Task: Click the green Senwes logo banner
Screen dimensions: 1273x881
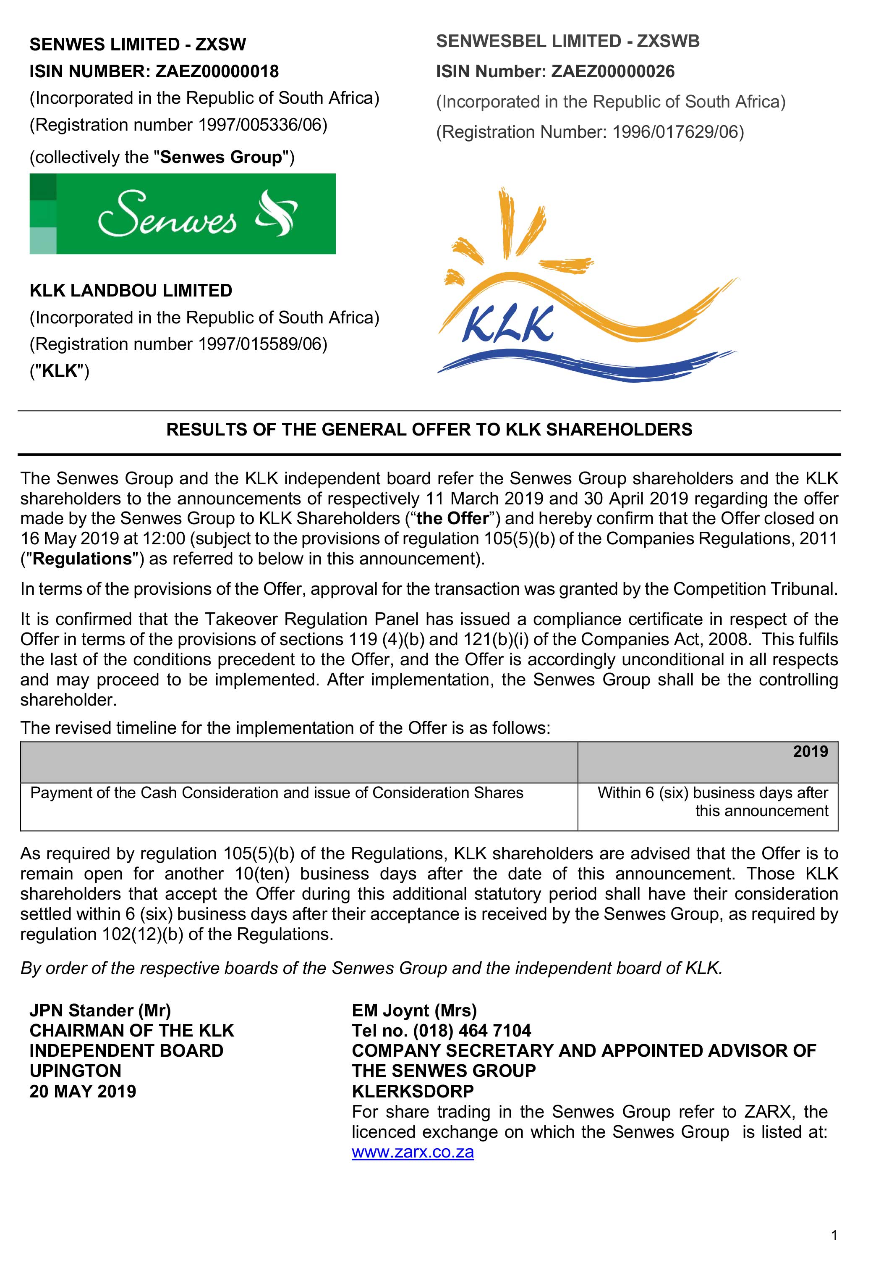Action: [182, 214]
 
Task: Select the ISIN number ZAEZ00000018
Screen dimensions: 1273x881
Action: [217, 71]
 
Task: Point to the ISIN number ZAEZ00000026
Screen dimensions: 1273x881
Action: [613, 71]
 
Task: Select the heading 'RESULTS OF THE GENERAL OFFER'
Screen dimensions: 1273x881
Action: [429, 430]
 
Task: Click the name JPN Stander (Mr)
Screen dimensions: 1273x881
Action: [100, 1010]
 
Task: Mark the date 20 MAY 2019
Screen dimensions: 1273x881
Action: [83, 1091]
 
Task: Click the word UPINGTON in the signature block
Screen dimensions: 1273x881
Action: [76, 1071]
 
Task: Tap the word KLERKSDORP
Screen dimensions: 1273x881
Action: [413, 1091]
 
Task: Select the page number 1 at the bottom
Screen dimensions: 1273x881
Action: [834, 1236]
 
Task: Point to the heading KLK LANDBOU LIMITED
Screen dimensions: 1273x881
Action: [131, 291]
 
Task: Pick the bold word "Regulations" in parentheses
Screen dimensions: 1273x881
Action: [82, 559]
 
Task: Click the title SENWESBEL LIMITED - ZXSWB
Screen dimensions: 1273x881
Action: [567, 42]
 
